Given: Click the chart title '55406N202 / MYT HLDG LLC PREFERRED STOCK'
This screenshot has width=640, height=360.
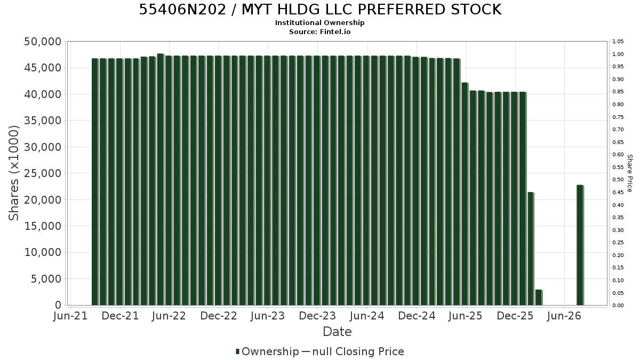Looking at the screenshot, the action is pos(320,10).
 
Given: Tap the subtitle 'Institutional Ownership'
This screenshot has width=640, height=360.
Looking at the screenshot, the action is pos(319,23).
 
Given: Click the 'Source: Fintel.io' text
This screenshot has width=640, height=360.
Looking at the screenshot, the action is pos(319,31).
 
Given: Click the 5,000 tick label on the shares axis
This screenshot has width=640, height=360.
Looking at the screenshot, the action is pos(46,279).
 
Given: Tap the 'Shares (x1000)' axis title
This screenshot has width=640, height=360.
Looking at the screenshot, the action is pos(13,173).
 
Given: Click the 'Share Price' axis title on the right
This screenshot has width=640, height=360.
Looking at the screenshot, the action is pos(629,173).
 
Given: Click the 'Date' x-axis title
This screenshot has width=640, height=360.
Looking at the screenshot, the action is pos(337,332).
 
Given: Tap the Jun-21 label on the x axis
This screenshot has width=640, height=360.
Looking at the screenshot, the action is pos(70,316).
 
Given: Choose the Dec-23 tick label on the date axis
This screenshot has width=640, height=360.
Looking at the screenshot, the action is pos(317,316).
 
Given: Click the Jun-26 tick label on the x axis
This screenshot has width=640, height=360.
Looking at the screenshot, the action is pos(564,316).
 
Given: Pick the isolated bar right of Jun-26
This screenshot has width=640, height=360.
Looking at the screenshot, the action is pos(580,245).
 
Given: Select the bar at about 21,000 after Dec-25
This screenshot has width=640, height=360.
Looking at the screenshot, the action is pos(531,249).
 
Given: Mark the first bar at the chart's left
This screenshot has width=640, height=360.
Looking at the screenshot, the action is pos(95,182).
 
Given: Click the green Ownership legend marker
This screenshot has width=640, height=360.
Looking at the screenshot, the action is pos(237,351).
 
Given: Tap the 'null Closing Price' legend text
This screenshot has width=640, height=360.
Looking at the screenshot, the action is pos(358,351).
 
